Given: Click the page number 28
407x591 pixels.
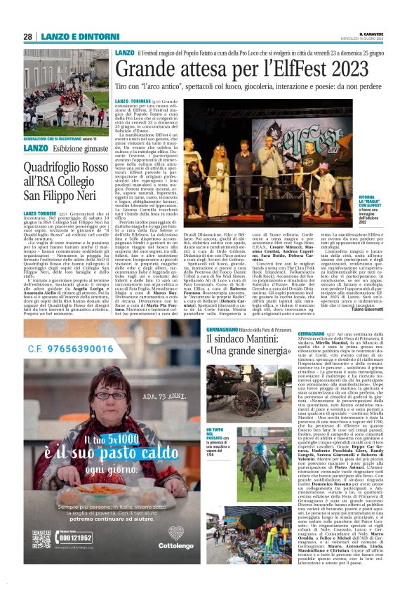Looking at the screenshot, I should coord(27,36).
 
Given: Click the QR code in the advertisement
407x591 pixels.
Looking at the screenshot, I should coord(41,539).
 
